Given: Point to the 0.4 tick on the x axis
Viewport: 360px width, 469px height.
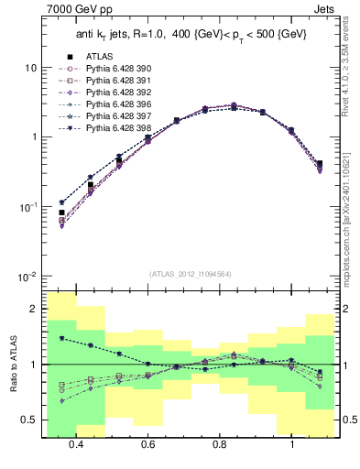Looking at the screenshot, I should click(x=76, y=443).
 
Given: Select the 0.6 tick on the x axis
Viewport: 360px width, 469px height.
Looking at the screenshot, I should click(x=147, y=443).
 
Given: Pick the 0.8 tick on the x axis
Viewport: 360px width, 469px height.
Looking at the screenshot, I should click(x=220, y=443).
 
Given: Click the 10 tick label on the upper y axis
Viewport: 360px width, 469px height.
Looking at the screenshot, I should click(x=30, y=68).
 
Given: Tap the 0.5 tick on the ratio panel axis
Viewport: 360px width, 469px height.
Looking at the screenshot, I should click(x=29, y=420).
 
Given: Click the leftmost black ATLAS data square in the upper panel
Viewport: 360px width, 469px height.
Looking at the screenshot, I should click(x=61, y=213).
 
